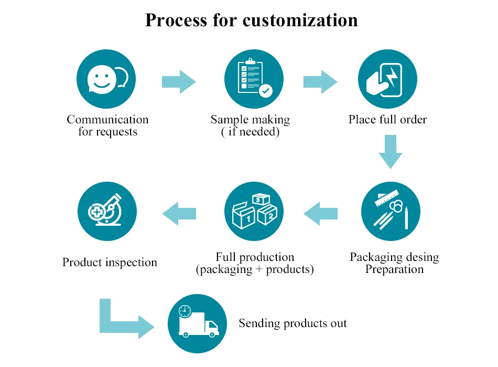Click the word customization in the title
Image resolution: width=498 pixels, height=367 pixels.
click(x=300, y=20)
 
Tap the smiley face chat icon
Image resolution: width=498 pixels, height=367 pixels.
click(x=106, y=79)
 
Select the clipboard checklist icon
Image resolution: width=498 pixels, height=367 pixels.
click(x=254, y=79)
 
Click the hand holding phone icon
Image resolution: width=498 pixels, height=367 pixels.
click(x=387, y=79)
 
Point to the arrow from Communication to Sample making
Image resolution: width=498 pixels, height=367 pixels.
click(x=179, y=82)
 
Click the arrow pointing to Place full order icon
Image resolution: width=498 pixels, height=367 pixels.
click(x=320, y=82)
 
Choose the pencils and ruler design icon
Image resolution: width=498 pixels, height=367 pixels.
click(x=391, y=212)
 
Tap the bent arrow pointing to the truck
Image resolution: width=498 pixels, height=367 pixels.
click(x=123, y=320)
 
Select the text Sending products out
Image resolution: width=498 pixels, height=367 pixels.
click(x=293, y=323)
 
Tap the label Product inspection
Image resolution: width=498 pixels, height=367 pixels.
click(x=110, y=262)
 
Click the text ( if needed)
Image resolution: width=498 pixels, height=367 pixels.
click(x=250, y=132)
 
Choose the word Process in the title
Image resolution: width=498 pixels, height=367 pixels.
click(x=174, y=20)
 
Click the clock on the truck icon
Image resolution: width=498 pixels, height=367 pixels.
click(x=185, y=311)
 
